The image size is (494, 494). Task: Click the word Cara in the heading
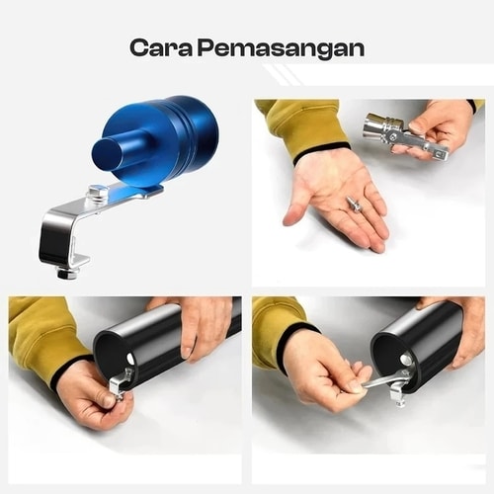click(x=161, y=47)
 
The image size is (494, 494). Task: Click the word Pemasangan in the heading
click(x=281, y=48)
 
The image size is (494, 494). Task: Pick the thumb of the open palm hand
click(x=294, y=213)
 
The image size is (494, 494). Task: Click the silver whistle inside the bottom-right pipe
click(x=407, y=360)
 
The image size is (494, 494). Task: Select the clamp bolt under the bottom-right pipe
click(x=398, y=395)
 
